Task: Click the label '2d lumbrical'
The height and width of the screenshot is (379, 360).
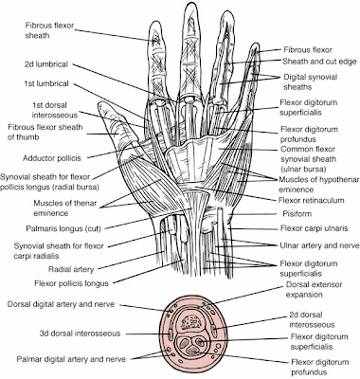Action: (x=46, y=64)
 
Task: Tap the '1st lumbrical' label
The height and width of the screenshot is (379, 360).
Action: (x=46, y=83)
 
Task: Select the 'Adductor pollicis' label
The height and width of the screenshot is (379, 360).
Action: (x=52, y=158)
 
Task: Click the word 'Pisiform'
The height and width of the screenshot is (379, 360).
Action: (x=297, y=214)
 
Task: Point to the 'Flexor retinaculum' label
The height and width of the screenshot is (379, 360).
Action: (x=311, y=200)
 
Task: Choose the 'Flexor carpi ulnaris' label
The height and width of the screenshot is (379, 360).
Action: (x=315, y=228)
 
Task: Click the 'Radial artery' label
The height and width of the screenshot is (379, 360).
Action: (x=71, y=269)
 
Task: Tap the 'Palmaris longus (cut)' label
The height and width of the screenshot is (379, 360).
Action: (x=63, y=228)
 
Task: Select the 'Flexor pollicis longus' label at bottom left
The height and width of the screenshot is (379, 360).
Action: (x=71, y=283)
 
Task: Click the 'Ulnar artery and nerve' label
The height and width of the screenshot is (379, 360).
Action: (x=319, y=245)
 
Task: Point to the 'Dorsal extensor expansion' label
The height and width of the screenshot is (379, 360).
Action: (x=314, y=290)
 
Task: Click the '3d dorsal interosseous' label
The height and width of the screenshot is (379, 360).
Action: (x=81, y=334)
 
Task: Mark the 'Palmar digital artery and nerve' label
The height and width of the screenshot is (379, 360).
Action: (x=71, y=359)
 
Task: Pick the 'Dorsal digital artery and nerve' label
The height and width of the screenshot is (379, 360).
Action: (x=61, y=305)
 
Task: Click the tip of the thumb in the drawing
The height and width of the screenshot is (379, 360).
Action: (x=100, y=103)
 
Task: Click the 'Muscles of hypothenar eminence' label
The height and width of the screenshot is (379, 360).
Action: (x=319, y=185)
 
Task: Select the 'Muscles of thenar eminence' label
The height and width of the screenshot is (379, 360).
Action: (x=64, y=208)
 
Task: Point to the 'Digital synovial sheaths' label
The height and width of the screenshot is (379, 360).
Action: (x=310, y=81)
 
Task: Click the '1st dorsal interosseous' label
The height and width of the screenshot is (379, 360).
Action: (x=54, y=110)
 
